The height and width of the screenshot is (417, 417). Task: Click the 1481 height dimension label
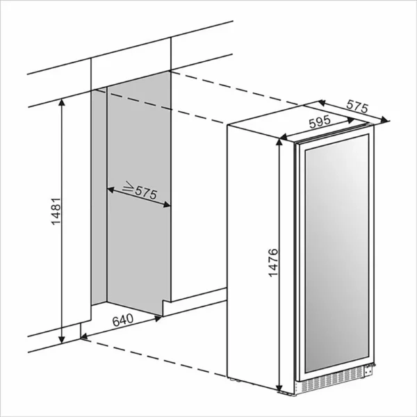[56, 211]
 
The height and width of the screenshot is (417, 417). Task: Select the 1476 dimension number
[273, 263]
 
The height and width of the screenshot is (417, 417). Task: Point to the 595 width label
[320, 122]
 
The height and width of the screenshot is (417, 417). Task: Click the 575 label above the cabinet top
[357, 106]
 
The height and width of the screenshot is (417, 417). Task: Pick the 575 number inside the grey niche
[146, 193]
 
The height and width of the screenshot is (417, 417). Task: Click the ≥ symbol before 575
[128, 186]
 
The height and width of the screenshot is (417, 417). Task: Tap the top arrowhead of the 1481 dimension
[62, 102]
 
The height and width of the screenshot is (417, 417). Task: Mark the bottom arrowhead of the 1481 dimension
[62, 339]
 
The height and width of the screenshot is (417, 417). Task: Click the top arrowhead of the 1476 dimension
[279, 142]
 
